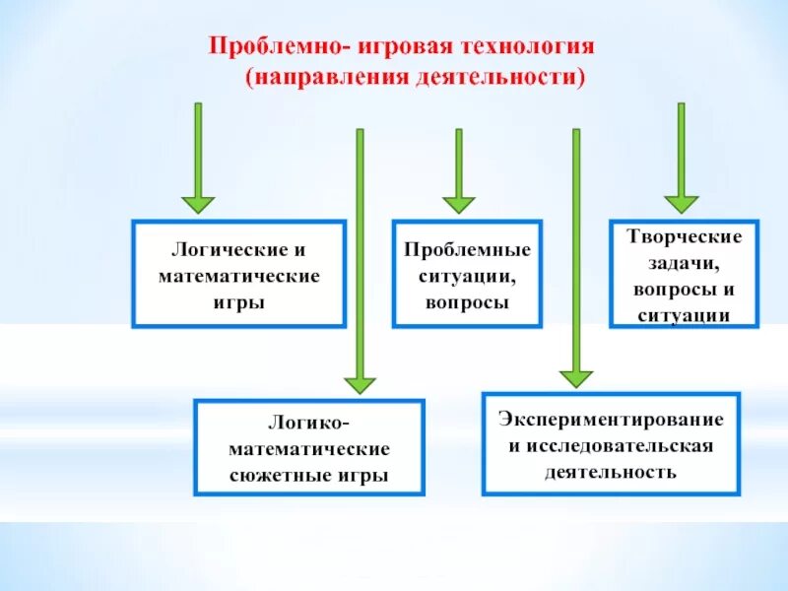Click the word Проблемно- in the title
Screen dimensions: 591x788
coord(259,47)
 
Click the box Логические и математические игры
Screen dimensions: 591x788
coord(239,274)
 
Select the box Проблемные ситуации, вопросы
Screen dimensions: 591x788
coord(467,274)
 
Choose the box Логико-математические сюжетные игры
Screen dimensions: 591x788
coord(309,446)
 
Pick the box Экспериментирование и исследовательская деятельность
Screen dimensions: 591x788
coord(610,443)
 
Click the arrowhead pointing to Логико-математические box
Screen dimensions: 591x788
coord(360,383)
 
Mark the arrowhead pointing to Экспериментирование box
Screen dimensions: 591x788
coord(576,377)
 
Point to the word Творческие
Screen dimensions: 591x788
coord(684,237)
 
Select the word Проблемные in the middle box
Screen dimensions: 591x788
coord(467,249)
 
